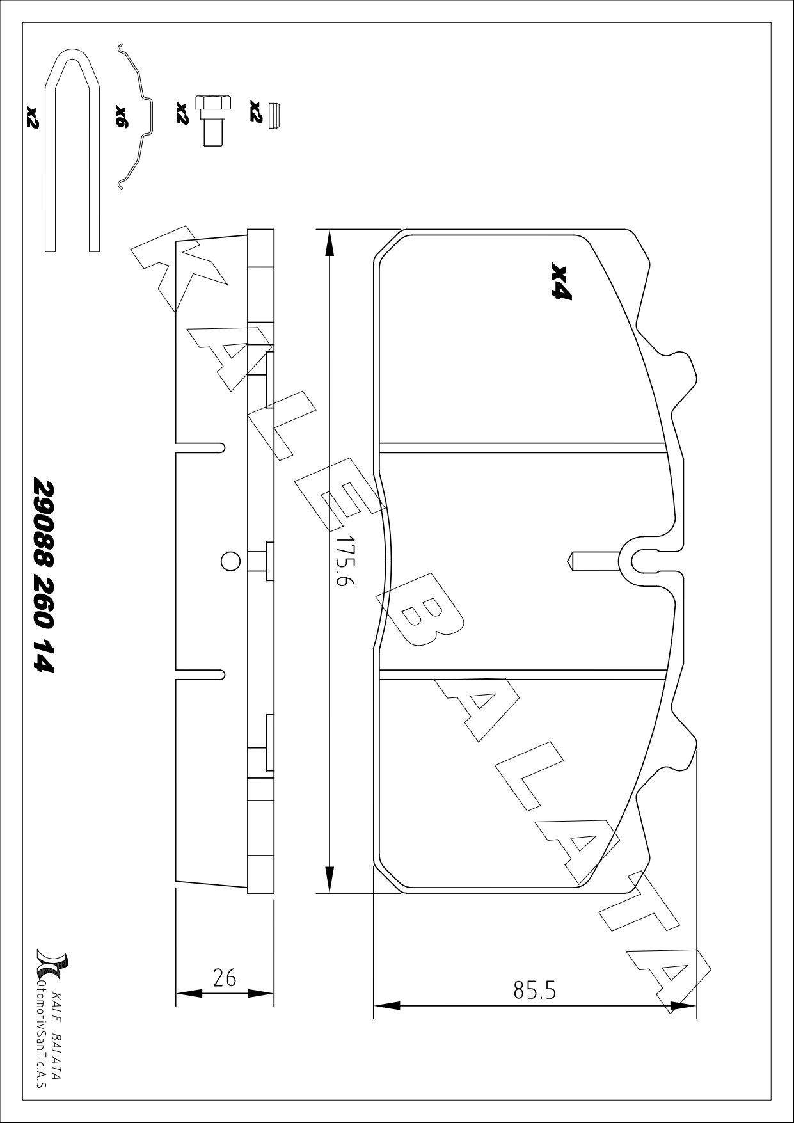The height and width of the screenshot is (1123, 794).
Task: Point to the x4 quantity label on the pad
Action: point(560,282)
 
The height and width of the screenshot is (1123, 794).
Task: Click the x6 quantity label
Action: point(122,117)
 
